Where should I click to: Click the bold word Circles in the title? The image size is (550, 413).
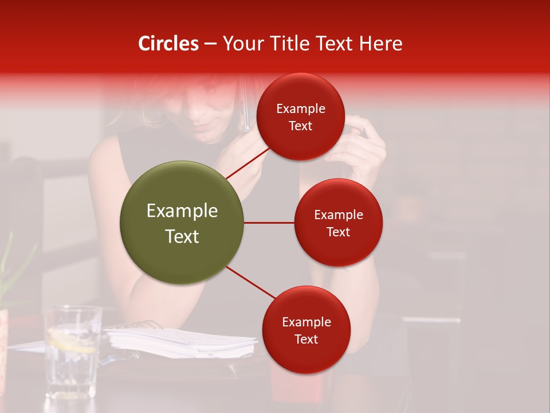click(x=168, y=44)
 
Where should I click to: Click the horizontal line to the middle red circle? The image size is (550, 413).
click(x=269, y=223)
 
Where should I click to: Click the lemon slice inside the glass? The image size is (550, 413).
click(x=71, y=344)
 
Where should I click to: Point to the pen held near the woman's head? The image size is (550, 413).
click(x=245, y=109)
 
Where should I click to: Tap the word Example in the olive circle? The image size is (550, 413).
click(x=182, y=211)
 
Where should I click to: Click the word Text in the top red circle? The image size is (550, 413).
click(x=301, y=126)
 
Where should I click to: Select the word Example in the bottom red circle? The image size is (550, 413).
click(x=306, y=322)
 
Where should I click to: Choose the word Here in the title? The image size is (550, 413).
click(x=383, y=44)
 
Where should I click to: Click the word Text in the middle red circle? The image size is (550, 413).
click(x=339, y=232)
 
